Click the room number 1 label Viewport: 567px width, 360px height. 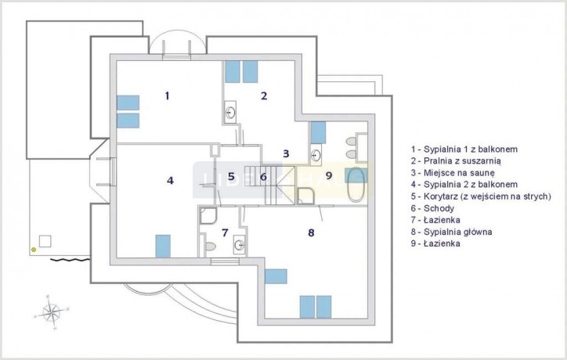point(167,95)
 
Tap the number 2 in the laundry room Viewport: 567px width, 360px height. point(264,95)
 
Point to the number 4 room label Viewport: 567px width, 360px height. point(170,180)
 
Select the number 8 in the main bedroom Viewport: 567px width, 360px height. point(311,232)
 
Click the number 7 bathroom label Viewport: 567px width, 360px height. point(225,232)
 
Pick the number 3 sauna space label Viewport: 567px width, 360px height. point(286,153)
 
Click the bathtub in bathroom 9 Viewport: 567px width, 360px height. point(355,185)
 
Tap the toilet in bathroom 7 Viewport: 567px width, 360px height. point(210,246)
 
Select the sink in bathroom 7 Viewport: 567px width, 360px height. point(239,245)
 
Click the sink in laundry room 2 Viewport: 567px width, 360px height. point(230,112)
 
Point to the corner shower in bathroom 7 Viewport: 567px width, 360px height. point(208,215)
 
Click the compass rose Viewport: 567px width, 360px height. point(52,312)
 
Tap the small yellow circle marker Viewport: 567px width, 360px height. point(34,250)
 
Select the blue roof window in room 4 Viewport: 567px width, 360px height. point(163,247)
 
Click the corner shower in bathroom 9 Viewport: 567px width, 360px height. point(305,196)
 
